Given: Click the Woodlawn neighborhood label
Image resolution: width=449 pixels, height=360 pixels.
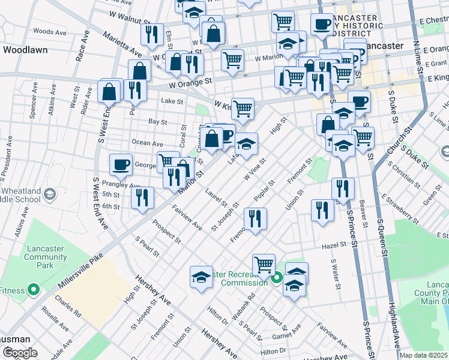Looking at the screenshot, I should tap(25, 50).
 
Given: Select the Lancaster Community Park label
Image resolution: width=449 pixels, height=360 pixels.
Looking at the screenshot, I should tap(46, 257).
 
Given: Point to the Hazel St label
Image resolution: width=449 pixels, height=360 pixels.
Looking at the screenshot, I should tap(334, 245).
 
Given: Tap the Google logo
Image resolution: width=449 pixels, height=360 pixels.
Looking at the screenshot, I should tap(20, 353).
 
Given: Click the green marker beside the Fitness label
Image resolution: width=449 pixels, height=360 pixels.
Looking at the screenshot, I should tap(34, 290).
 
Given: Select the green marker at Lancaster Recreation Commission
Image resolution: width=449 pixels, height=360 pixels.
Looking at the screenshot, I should tap(277, 278).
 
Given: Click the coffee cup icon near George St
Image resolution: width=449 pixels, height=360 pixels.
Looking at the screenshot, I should tap(121, 164).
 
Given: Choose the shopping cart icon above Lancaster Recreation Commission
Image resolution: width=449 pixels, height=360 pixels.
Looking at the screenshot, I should tap(264, 263).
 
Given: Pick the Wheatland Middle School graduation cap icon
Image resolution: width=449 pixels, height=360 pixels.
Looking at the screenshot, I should tap(49, 194).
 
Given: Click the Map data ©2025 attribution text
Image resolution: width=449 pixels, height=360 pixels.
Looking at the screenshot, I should tap(423, 355).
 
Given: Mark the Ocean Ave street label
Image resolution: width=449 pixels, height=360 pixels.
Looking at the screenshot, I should tap(148, 144).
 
